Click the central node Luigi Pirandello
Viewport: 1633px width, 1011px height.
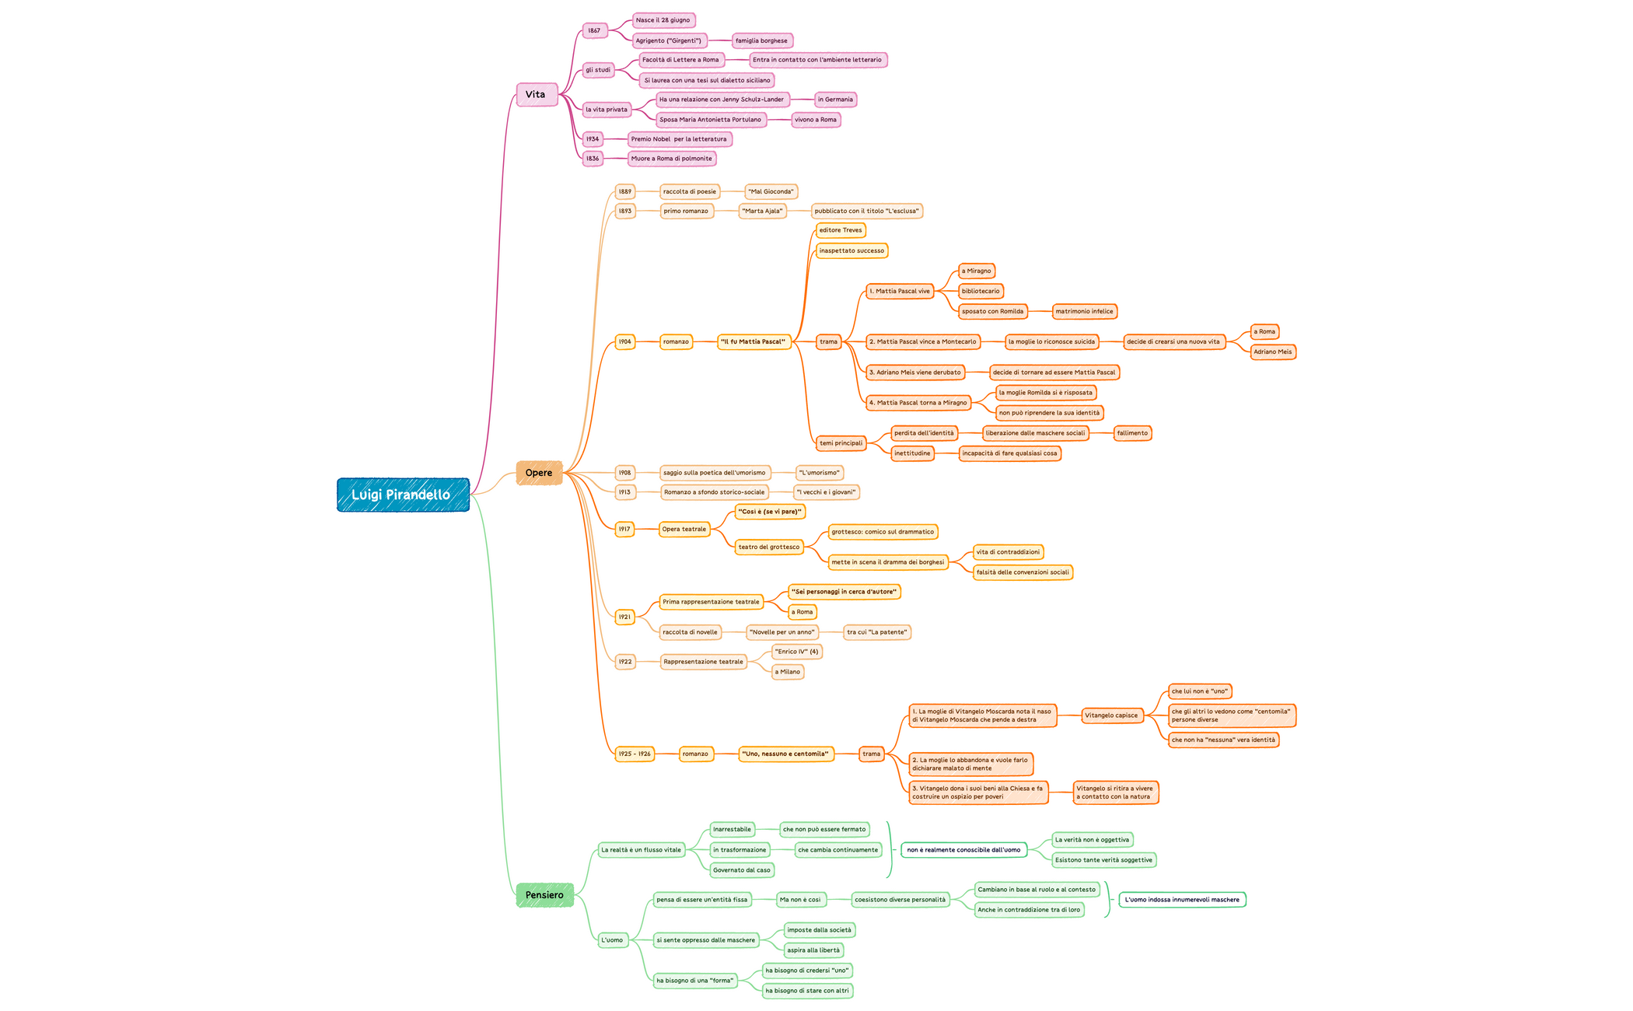(x=403, y=495)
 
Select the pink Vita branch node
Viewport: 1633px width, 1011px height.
(x=537, y=95)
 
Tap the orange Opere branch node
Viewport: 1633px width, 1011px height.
(x=539, y=473)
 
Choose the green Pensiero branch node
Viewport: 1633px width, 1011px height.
(x=544, y=895)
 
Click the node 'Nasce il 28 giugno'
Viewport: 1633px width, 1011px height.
(x=663, y=20)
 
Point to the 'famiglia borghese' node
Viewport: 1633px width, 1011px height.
(x=761, y=40)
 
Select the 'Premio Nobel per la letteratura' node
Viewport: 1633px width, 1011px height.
(x=679, y=139)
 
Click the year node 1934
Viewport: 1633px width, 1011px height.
(x=593, y=139)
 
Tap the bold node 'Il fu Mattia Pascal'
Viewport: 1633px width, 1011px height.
(x=753, y=341)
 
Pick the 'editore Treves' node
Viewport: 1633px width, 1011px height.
(x=840, y=230)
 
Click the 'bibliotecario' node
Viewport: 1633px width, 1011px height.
(x=980, y=291)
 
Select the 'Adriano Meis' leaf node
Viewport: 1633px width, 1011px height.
(x=1272, y=352)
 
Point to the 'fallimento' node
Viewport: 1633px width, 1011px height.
(x=1131, y=433)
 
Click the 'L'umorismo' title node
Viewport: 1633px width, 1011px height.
(x=819, y=473)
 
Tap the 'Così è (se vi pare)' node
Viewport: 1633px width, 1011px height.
(x=769, y=512)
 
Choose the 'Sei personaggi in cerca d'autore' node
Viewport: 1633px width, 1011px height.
(x=844, y=592)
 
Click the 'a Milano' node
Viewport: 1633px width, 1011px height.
(x=787, y=672)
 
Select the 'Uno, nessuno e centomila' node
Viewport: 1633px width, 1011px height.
(x=785, y=754)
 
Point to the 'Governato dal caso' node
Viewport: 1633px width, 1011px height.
(x=741, y=870)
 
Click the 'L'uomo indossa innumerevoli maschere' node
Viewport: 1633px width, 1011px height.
(x=1181, y=900)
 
